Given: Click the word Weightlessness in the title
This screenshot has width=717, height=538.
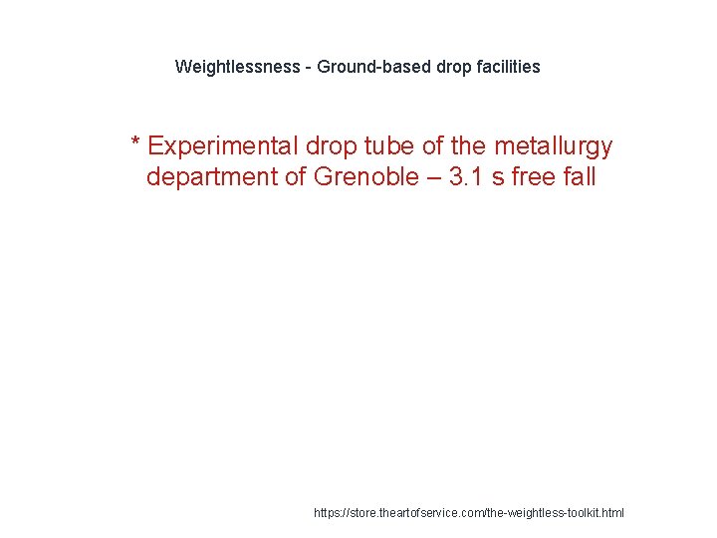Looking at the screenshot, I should (237, 67).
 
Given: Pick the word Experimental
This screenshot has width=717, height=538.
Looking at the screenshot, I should (223, 146).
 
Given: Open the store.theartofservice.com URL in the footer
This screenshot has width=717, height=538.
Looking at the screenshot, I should (469, 512).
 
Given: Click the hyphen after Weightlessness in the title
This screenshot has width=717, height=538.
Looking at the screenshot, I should (308, 67).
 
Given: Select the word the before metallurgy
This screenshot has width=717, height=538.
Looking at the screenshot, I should (468, 146).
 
